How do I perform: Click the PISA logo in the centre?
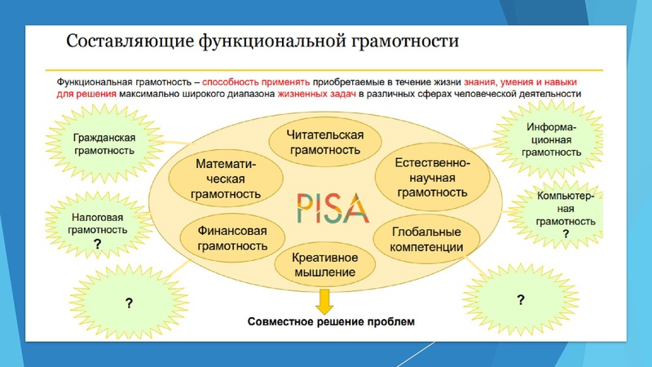(324, 206)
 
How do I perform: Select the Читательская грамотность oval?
(326, 142)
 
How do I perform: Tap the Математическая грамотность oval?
(226, 179)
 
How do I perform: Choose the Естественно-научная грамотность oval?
(431, 178)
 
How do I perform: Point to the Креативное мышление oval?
(325, 264)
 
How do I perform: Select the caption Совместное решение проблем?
(331, 321)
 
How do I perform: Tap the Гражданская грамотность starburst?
(104, 144)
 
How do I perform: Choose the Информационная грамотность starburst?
(552, 139)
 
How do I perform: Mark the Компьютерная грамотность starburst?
(560, 214)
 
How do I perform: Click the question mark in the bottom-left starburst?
(128, 303)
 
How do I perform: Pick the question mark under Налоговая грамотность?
(97, 244)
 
